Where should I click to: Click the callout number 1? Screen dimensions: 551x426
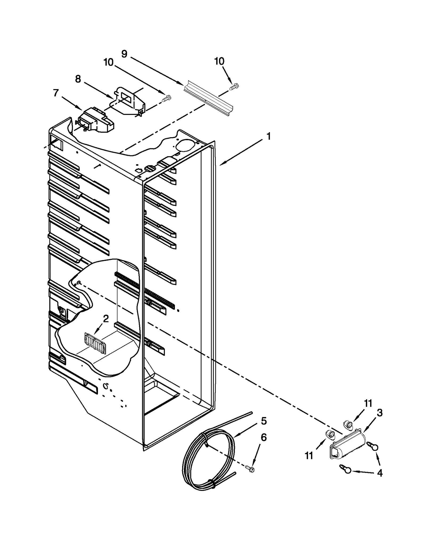[x=268, y=136]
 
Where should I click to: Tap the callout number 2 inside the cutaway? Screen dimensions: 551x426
[x=106, y=319]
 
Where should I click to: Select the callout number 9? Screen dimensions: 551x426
[x=124, y=54]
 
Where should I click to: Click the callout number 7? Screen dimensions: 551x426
[x=56, y=93]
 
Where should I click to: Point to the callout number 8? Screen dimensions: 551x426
[x=78, y=79]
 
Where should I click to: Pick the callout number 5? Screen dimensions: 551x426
[x=264, y=421]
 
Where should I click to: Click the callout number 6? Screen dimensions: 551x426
[x=264, y=437]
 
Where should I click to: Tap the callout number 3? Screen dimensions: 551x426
[x=380, y=413]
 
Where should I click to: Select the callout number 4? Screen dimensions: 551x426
[x=380, y=473]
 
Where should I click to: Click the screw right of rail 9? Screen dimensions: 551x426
[x=234, y=86]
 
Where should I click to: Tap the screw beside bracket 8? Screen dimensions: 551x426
[x=167, y=98]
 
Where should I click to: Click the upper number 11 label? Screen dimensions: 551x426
[x=368, y=403]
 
